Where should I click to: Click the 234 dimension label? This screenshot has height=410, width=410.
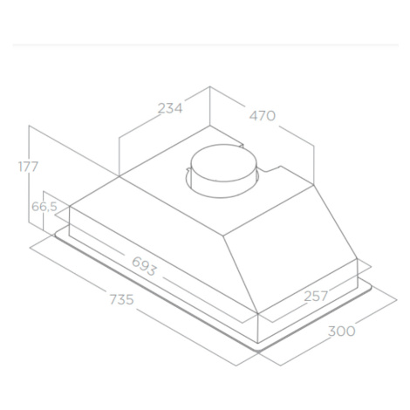point(170,108)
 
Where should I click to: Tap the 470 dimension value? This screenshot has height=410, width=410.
point(263,116)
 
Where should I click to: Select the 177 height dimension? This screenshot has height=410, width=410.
point(28,167)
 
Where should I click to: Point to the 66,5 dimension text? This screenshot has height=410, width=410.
point(44,207)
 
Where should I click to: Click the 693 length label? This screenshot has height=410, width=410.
point(144,266)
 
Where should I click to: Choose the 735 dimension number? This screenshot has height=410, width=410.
point(121,299)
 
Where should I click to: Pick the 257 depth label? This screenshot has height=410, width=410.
point(316,297)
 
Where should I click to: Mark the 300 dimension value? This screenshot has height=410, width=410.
point(342,331)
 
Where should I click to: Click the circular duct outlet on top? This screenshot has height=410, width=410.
point(223,171)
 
